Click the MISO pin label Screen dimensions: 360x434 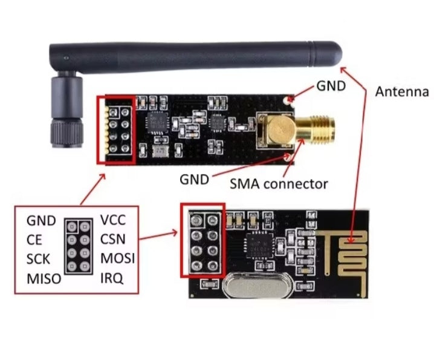[44, 278]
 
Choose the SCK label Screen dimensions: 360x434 [38, 259]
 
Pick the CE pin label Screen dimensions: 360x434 [34, 240]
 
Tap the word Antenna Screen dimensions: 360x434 [402, 92]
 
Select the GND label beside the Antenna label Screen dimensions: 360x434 [331, 86]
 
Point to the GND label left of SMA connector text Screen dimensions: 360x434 [194, 180]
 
